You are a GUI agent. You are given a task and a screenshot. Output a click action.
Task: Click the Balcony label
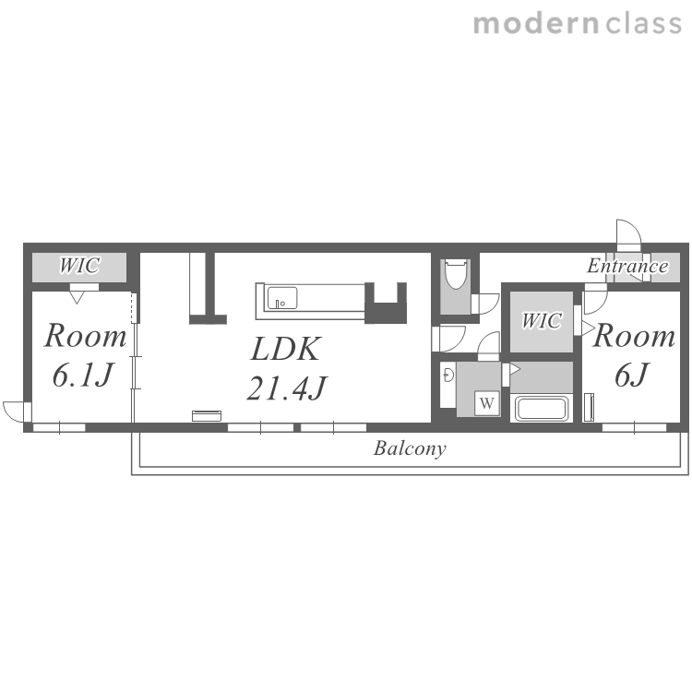410,448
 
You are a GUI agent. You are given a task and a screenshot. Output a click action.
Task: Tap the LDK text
285,349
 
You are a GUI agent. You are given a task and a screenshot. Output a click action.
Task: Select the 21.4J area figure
287,388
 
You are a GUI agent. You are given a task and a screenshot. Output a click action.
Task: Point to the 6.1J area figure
82,375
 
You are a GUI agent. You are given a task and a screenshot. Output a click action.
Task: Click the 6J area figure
631,375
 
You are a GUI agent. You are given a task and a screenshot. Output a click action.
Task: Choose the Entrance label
627,266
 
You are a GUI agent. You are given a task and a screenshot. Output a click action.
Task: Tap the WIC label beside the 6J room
542,321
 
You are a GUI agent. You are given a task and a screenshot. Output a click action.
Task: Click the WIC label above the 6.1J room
79,266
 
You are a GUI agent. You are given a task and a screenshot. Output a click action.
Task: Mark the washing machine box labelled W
487,403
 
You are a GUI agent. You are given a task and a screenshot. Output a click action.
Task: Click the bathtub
542,408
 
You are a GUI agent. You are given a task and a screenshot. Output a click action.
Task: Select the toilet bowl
456,274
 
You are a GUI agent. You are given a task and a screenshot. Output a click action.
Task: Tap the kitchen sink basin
282,298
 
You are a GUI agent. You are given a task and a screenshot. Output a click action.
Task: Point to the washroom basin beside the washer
448,376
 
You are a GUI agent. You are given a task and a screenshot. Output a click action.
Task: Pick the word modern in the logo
536,23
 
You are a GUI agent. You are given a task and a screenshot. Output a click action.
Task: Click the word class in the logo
643,23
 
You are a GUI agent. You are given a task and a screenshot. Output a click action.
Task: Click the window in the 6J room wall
634,427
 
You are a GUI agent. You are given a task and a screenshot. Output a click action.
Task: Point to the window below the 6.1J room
59,427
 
